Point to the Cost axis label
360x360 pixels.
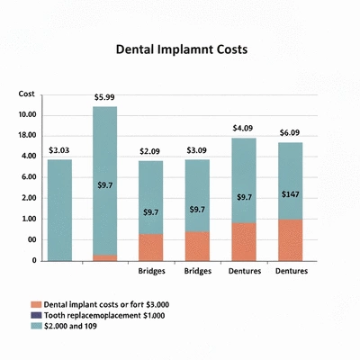click(x=26, y=94)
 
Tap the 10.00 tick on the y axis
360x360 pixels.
click(x=26, y=115)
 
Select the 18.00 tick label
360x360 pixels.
click(x=26, y=136)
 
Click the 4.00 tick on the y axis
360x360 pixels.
click(x=28, y=157)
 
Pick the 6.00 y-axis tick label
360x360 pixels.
click(x=28, y=177)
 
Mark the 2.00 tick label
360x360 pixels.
click(x=28, y=198)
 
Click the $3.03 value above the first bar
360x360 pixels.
click(x=58, y=150)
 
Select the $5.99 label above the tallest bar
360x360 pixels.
click(x=104, y=97)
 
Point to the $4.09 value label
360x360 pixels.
click(x=244, y=128)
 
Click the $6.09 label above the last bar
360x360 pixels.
click(x=290, y=132)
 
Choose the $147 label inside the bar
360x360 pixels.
click(x=290, y=194)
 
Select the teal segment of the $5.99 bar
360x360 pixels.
click(x=104, y=180)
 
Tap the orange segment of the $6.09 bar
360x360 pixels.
click(x=290, y=239)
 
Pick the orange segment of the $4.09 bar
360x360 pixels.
click(x=244, y=241)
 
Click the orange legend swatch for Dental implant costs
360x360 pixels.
click(x=35, y=304)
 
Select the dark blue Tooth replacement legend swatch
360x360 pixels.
click(x=35, y=315)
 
